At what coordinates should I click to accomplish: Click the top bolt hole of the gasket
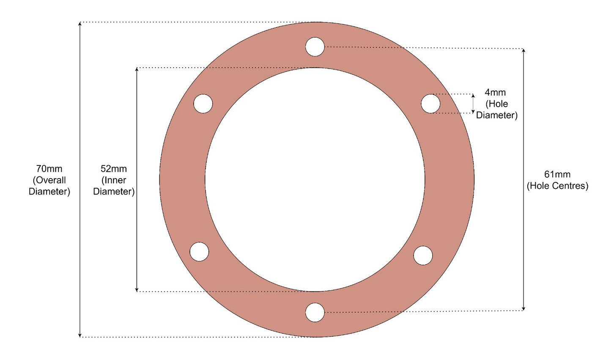click(315, 47)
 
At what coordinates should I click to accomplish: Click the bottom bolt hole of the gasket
click(315, 312)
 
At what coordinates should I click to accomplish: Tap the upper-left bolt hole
click(203, 104)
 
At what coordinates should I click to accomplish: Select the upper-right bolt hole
click(430, 104)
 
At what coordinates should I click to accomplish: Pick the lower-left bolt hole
click(199, 252)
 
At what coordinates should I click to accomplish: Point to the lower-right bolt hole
click(423, 256)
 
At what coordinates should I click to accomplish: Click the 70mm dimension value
click(49, 169)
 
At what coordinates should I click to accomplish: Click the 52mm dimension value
click(114, 169)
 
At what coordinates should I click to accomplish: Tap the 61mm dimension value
click(557, 174)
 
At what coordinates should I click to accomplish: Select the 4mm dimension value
click(495, 92)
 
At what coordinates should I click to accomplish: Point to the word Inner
click(114, 180)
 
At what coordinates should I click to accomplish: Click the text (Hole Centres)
click(557, 186)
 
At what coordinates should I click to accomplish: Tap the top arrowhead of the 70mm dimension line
click(80, 24)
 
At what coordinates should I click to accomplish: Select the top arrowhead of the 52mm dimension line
click(137, 70)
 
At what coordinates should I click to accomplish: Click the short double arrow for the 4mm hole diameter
click(473, 104)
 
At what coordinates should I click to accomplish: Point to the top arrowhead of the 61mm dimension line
click(523, 51)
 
